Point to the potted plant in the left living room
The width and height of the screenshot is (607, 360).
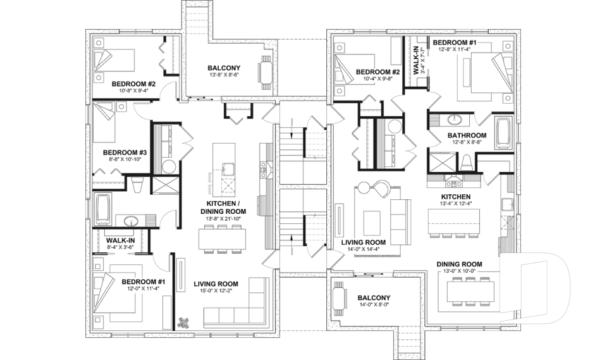tap(185, 322)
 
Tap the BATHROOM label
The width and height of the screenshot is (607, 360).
tap(467, 135)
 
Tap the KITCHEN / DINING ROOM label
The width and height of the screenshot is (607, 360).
tap(223, 207)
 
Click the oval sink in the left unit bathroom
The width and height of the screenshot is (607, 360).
tap(132, 221)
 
